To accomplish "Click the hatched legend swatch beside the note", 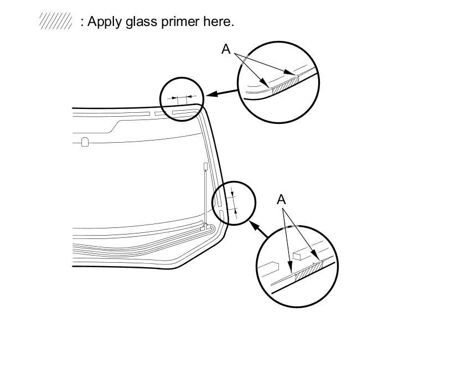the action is [x=55, y=22].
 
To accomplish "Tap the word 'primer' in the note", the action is [x=177, y=22].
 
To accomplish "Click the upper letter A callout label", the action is [x=226, y=49].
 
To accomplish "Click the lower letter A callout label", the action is [x=281, y=199].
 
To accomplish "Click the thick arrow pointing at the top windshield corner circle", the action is [x=219, y=92].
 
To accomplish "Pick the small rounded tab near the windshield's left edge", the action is [x=85, y=142].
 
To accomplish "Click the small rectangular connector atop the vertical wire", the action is [x=205, y=167].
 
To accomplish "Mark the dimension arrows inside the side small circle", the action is [x=235, y=202].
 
